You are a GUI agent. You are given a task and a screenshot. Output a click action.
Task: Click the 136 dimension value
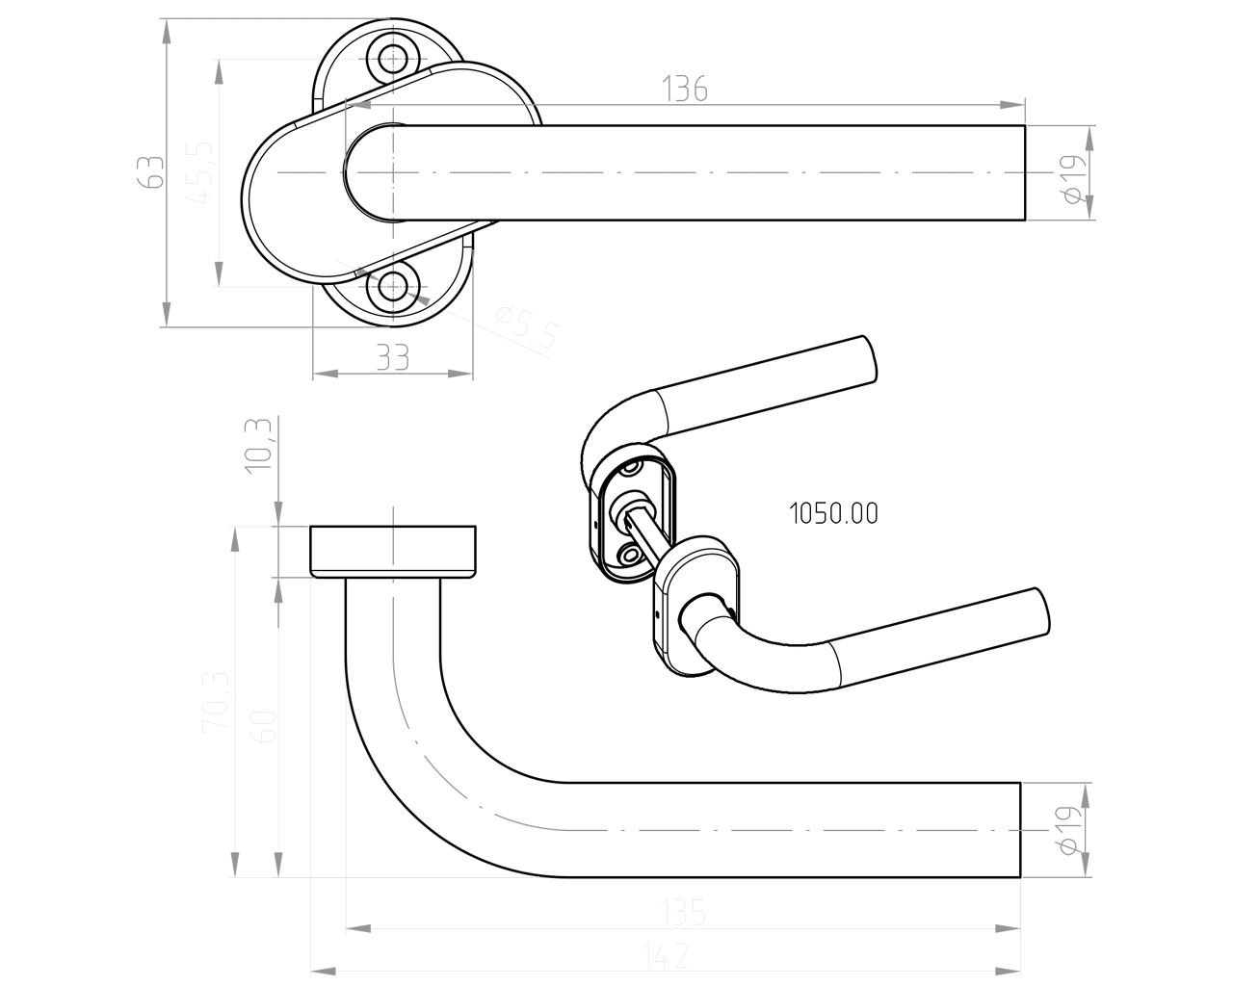[x=685, y=89]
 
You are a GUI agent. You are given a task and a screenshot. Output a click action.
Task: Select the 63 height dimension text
[x=148, y=173]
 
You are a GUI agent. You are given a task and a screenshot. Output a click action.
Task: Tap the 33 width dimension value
[x=392, y=357]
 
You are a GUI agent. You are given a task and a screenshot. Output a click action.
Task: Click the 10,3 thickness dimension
[x=259, y=446]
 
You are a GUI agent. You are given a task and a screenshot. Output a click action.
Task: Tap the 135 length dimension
[x=683, y=912]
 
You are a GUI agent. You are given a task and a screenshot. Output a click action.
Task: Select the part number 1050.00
[x=833, y=514]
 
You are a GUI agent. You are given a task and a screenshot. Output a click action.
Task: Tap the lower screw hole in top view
[x=392, y=285]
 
